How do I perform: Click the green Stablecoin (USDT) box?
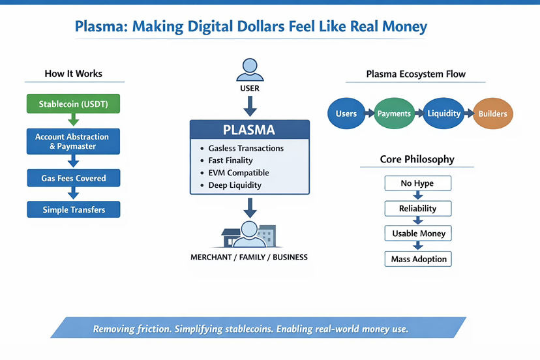pos(73,104)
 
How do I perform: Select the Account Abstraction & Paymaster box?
pos(73,142)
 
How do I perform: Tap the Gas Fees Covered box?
pos(73,178)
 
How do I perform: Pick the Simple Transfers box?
pos(73,209)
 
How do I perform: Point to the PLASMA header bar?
pos(249,130)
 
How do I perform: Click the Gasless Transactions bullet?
pos(246,148)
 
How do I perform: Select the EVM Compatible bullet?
pos(238,173)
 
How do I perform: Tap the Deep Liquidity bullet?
pos(235,185)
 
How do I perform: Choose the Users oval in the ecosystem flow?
pos(346,113)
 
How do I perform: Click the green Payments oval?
pos(394,113)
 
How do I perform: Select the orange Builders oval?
pos(492,113)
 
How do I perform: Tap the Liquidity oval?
pos(443,113)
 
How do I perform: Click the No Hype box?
pos(417,183)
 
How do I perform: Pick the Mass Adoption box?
pos(418,259)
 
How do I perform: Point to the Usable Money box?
pos(418,233)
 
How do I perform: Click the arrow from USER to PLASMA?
pos(249,105)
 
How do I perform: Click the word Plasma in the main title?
pos(100,27)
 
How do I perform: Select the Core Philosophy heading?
pos(417,159)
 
